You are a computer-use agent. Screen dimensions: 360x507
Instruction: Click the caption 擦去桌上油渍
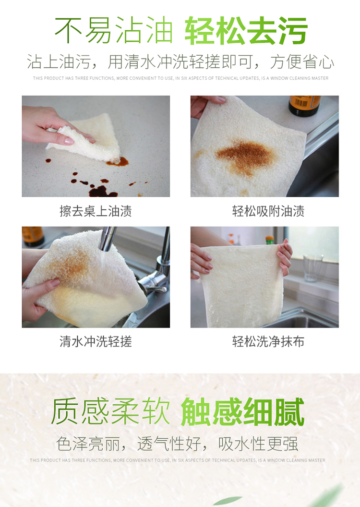(96, 211)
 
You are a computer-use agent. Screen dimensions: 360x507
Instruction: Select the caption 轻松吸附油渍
(268, 211)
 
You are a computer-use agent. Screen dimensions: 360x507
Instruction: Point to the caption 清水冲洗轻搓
(96, 341)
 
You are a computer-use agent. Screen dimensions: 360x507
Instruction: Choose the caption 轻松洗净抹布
(268, 341)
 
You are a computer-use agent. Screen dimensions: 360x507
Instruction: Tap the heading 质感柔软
(110, 411)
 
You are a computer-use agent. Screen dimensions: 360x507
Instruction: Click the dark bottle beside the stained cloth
(304, 106)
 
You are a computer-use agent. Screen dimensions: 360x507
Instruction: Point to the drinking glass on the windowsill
(313, 268)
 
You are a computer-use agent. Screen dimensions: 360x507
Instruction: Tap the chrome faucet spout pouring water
(108, 239)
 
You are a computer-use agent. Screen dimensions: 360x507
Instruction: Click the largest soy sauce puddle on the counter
(102, 192)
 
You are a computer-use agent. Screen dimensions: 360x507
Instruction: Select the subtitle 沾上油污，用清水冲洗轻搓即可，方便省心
(180, 61)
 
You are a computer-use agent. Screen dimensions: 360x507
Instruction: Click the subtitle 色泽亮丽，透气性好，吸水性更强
(177, 444)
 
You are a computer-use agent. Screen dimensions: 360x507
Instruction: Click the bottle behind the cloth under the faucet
(33, 236)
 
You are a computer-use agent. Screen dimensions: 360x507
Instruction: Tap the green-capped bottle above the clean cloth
(269, 240)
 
